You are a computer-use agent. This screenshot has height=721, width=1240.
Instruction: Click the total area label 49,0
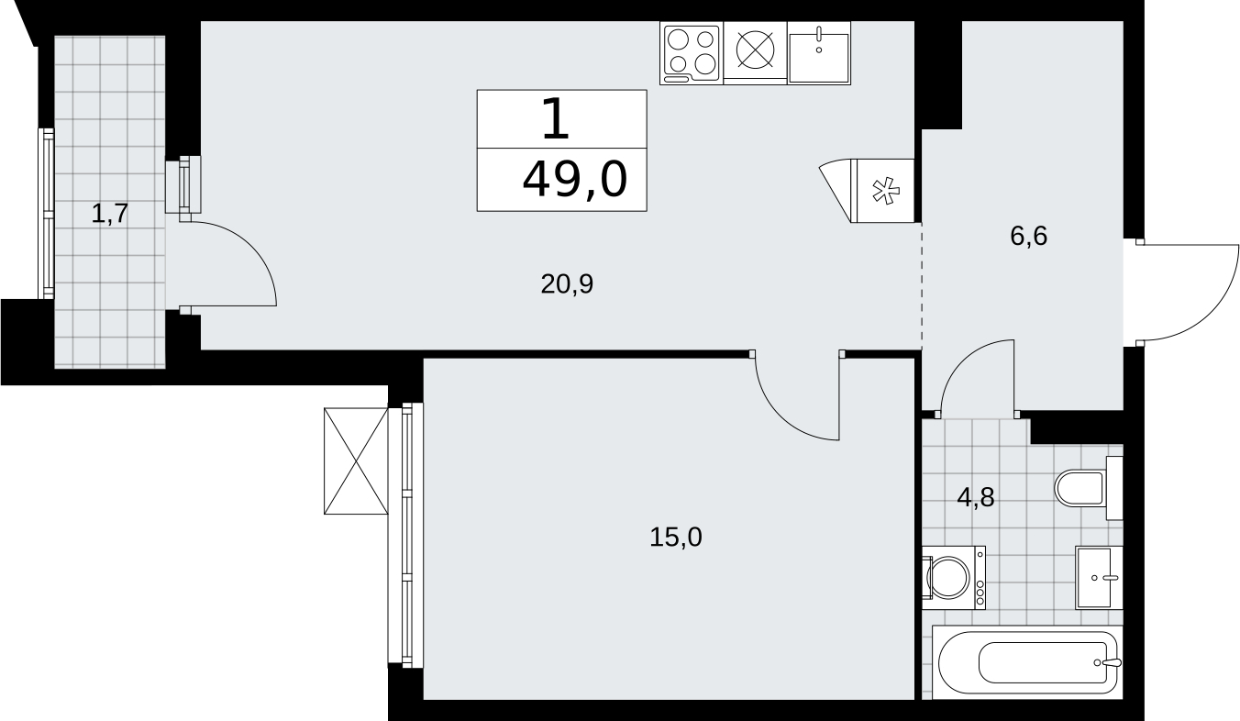575,180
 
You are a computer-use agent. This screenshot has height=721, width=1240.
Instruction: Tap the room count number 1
556,118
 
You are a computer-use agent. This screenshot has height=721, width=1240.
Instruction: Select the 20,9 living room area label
567,284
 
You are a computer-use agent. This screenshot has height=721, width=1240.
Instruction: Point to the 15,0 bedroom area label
675,537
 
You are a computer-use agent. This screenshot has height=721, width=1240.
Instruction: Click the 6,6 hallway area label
1028,237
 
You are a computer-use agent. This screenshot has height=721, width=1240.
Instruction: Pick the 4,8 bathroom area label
976,497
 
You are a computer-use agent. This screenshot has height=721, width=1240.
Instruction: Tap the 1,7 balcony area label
110,214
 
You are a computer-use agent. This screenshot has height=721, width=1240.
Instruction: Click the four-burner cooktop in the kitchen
692,54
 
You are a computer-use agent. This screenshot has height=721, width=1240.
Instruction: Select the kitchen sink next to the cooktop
819,54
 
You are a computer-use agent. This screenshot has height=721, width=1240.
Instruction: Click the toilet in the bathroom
1088,488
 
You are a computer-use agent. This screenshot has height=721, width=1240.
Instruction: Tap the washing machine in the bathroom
954,578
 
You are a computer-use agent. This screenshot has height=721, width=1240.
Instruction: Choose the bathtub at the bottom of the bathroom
1027,662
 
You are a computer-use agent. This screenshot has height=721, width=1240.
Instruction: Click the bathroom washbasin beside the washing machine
1099,578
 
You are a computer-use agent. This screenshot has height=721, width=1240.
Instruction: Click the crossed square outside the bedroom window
356,461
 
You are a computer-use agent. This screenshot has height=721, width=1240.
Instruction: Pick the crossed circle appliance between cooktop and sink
755,50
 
